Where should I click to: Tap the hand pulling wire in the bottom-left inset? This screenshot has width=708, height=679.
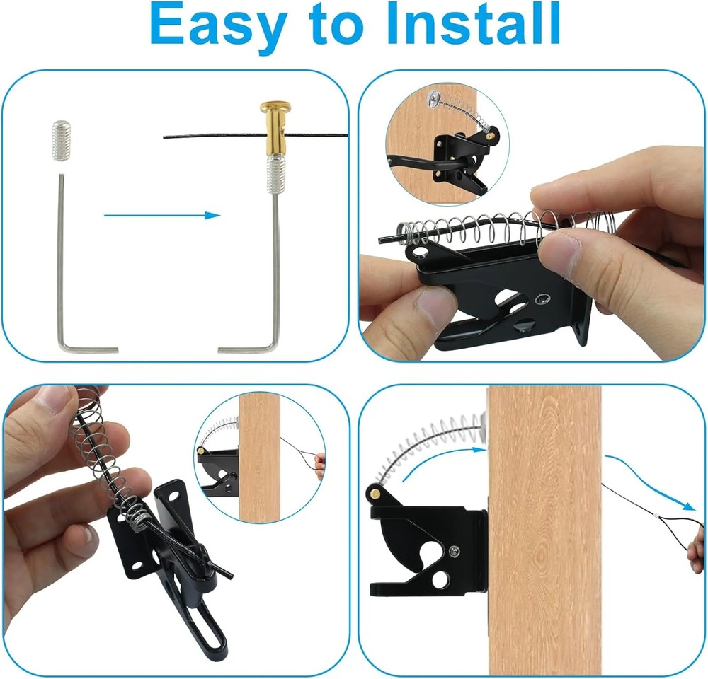click(321, 465)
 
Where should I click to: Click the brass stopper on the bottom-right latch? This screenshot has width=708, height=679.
click(373, 491)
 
